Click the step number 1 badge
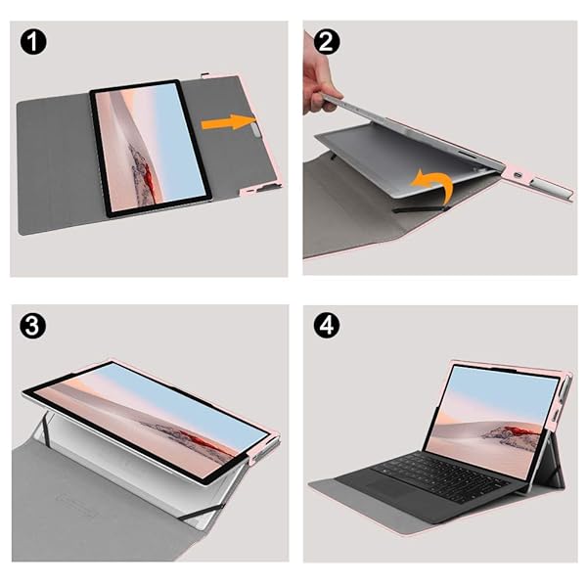click(x=34, y=44)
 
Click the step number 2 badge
click(x=328, y=44)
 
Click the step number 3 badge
click(x=34, y=326)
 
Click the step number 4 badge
click(x=328, y=326)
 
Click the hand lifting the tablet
click(x=319, y=84)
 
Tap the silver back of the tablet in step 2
click(x=411, y=157)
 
